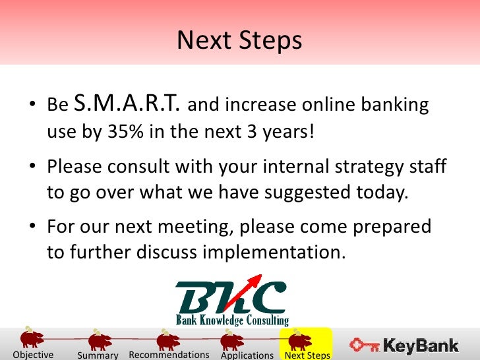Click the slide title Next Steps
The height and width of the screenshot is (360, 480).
pos(239,40)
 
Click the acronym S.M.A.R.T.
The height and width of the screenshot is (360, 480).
pos(127,103)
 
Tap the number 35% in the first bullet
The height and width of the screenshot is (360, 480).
pos(125,131)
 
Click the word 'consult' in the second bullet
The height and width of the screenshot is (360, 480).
pos(138,167)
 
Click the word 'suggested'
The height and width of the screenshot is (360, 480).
pos(307,193)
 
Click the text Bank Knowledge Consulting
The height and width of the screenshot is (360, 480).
pos(232,320)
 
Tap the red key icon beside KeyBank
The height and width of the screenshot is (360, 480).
pos(364,345)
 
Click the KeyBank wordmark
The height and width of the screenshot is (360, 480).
pos(421,346)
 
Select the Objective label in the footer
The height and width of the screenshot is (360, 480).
pos(33,355)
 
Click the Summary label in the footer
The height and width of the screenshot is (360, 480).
pos(98,355)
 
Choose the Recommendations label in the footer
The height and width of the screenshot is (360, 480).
pos(169,355)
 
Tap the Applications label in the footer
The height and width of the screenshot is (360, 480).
pos(247,355)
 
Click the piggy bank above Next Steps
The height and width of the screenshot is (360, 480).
pos(300,340)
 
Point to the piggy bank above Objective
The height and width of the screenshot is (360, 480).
pos(32,338)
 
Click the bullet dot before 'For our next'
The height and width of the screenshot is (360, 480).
pos(32,226)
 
